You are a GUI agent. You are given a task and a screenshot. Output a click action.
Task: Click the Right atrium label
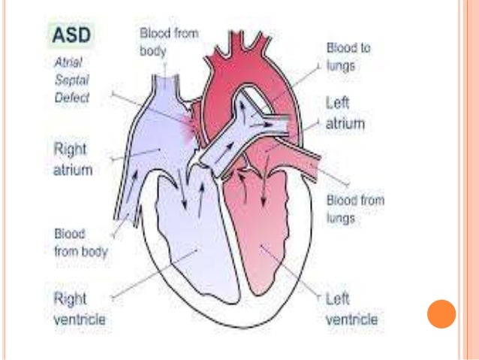point(72,159)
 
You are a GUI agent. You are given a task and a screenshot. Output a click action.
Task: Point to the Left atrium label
point(344,113)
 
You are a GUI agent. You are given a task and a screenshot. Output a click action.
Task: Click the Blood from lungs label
point(355,210)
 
